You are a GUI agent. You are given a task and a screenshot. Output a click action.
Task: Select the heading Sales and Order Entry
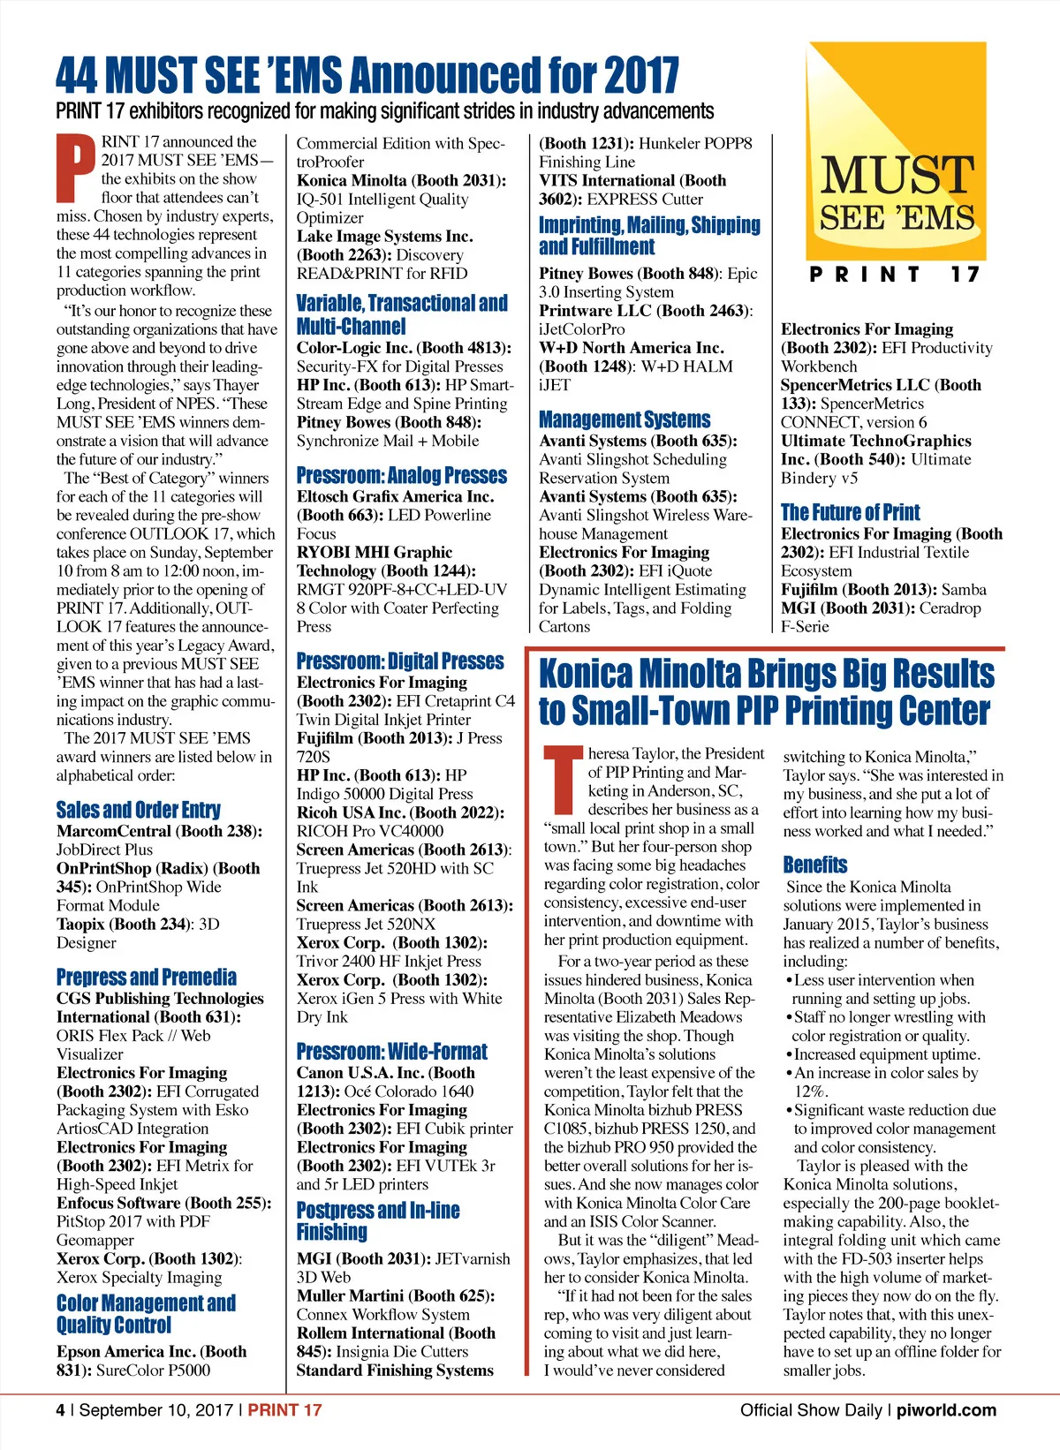pos(138,810)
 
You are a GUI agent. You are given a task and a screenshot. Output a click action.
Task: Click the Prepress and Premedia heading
pos(147,977)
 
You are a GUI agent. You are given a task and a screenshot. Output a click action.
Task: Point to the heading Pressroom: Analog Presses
pos(401,475)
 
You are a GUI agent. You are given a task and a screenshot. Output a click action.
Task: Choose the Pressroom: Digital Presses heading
pos(400,661)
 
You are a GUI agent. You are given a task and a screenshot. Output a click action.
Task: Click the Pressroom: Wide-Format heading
pos(391,1051)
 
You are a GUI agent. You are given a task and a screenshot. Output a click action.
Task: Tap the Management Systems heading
pos(625,419)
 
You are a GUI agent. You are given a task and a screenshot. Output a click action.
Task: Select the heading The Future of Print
pos(850,512)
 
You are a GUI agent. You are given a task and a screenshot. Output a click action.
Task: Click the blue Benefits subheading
pos(814,865)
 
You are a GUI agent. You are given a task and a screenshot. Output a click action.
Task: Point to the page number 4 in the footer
pos(60,1410)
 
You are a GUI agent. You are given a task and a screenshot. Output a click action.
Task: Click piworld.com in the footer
pos(946,1410)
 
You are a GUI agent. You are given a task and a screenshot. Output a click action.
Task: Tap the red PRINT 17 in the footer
pos(284,1410)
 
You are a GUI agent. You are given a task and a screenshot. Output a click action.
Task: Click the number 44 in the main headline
pos(77,76)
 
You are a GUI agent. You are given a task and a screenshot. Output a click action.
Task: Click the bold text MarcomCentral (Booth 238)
pos(158,831)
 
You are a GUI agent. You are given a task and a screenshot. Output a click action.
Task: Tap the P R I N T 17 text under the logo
pos(895,275)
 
